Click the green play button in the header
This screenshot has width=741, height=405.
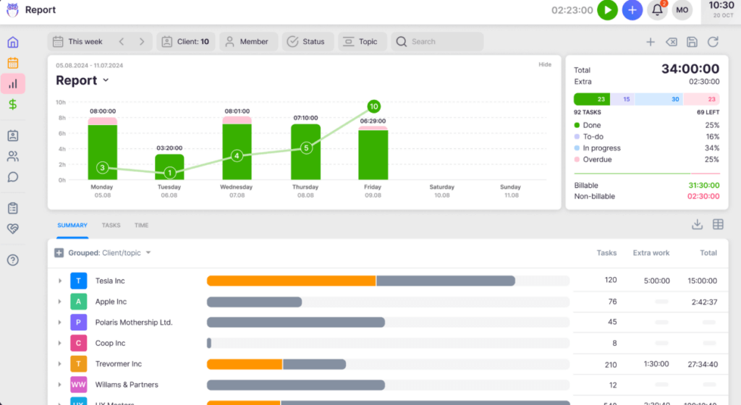(608, 10)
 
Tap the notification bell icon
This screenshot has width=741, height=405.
(657, 10)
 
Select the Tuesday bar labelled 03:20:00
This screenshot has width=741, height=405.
(169, 166)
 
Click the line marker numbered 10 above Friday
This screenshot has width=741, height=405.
(374, 106)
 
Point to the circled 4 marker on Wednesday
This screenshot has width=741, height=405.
(237, 155)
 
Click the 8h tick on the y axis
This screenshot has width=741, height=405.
(62, 118)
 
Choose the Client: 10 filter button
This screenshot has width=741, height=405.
(185, 42)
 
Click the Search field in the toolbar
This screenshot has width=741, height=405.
(437, 42)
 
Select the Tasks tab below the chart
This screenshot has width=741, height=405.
(111, 226)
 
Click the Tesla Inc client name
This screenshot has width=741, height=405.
(110, 281)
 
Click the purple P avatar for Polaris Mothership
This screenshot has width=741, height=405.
(78, 323)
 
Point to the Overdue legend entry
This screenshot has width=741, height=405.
(597, 160)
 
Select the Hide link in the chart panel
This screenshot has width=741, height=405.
(544, 65)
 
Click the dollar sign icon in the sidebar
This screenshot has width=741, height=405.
(13, 104)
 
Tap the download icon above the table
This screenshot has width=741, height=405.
(697, 225)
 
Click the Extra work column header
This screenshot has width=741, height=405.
(651, 253)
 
